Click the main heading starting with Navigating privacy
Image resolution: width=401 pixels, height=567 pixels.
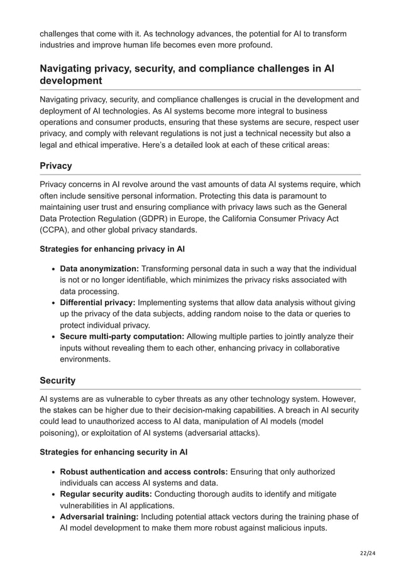(x=187, y=75)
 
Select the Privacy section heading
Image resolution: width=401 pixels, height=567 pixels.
(x=56, y=166)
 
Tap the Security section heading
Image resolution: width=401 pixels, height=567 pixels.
(x=57, y=381)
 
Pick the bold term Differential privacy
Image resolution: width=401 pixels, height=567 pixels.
(x=97, y=303)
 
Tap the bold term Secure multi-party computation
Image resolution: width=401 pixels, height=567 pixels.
(x=122, y=337)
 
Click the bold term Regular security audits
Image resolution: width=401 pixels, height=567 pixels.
(x=106, y=494)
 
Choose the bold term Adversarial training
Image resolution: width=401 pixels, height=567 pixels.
(x=99, y=517)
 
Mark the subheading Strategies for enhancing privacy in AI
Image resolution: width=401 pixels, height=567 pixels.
(x=112, y=249)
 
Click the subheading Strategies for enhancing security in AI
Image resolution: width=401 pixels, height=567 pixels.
(x=114, y=452)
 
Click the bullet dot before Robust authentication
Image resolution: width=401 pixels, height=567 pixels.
(x=54, y=472)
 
